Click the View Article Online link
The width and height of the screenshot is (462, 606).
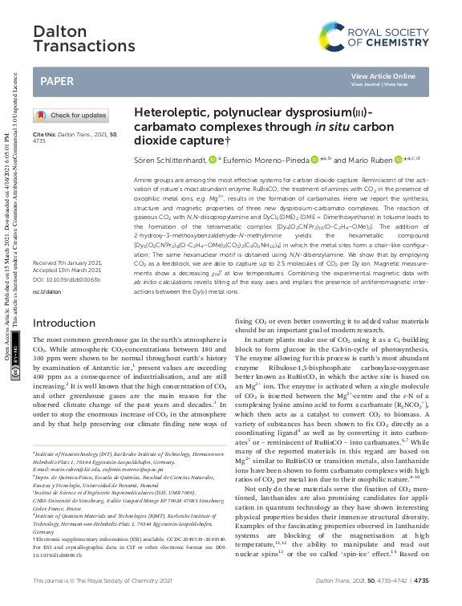(383, 76)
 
